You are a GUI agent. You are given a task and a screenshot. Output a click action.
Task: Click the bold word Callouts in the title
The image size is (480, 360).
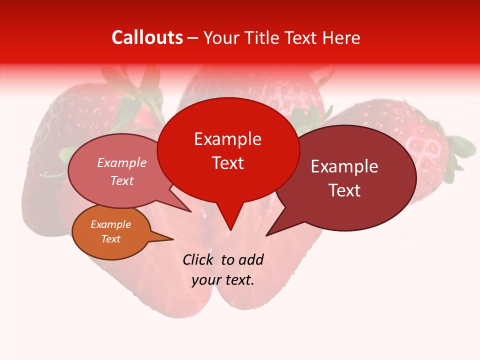coord(147,37)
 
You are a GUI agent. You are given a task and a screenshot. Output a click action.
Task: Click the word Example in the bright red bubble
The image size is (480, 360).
coord(227,139)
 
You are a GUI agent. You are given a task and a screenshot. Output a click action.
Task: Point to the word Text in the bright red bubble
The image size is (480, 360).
coord(227,163)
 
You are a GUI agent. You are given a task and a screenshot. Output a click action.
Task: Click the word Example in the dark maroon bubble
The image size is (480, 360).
coord(344,166)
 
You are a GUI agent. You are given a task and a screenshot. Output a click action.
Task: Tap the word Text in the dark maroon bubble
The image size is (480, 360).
coord(344,190)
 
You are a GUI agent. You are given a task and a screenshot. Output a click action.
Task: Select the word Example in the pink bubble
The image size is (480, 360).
coord(122,163)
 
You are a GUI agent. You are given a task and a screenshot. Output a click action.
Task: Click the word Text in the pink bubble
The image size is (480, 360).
coord(122,180)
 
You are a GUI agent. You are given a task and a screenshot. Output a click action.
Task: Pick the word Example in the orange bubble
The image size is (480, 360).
coord(110,224)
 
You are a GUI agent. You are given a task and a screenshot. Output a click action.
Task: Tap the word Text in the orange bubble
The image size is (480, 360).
coord(110,239)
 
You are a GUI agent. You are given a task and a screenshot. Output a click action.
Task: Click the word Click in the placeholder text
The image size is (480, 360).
coord(198,259)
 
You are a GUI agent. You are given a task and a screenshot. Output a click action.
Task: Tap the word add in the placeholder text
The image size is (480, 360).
coord(250,259)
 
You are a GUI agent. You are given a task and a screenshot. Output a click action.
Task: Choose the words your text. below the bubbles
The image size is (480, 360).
coord(223,280)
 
